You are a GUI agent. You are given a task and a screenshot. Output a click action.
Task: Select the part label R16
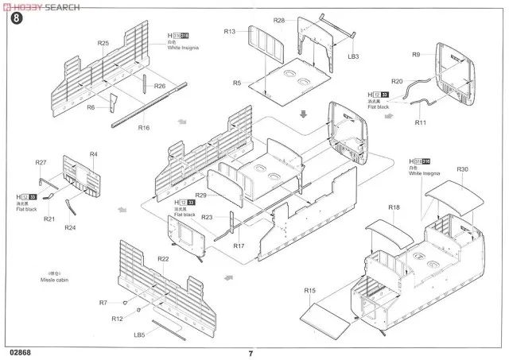pos(144,126)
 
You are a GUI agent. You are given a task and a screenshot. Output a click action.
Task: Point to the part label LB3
pos(354,56)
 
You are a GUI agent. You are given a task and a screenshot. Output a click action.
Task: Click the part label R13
pos(230,32)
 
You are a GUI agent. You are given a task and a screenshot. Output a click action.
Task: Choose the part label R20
pos(398,81)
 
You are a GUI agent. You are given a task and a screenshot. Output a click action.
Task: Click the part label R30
pos(464,169)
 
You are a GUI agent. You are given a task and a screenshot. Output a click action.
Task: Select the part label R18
pos(394,207)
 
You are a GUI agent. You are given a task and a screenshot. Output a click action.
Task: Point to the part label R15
pos(310,292)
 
